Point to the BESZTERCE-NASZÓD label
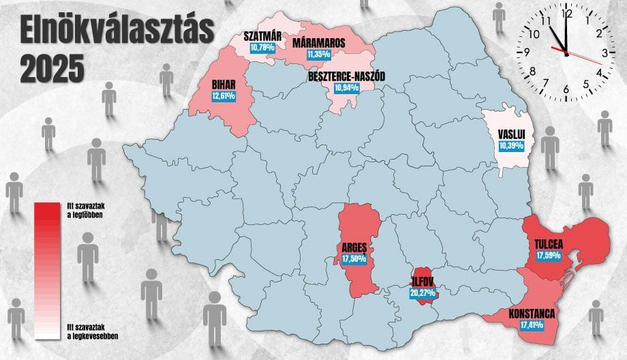(x=347, y=78)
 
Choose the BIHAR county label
(x=224, y=85)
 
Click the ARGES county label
(x=354, y=248)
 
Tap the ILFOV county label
(x=423, y=280)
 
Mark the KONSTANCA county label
(x=532, y=314)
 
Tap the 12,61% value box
(x=224, y=96)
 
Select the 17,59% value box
(x=549, y=256)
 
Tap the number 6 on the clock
(x=566, y=89)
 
